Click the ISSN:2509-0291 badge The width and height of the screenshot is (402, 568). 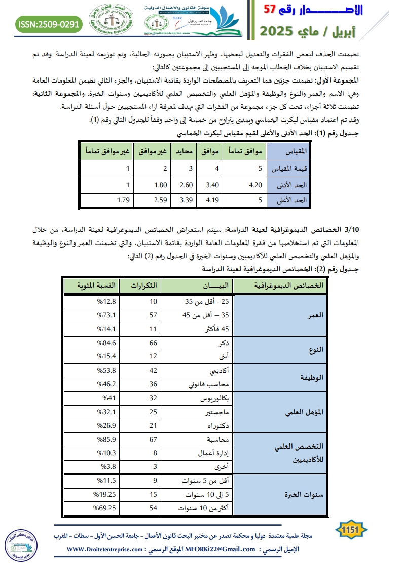[49, 24]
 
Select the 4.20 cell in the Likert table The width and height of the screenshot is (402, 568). [254, 185]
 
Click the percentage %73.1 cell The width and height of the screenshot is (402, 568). [108, 315]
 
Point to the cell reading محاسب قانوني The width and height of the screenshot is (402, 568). [208, 384]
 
